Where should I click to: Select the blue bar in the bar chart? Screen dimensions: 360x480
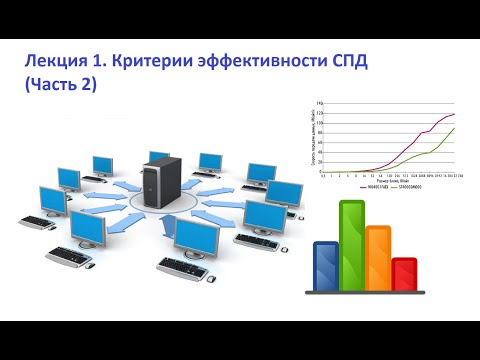click(327, 263)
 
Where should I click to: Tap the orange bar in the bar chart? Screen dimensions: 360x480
click(378, 257)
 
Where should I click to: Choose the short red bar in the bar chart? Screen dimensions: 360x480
click(404, 272)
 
